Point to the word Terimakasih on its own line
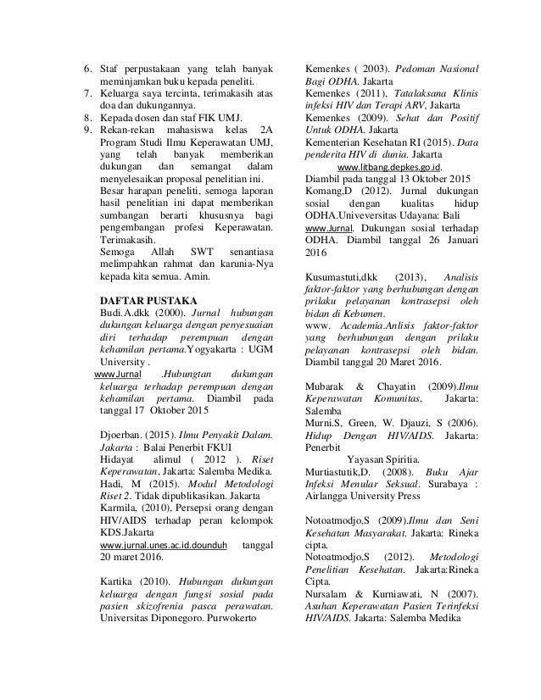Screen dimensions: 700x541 click(x=128, y=241)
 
